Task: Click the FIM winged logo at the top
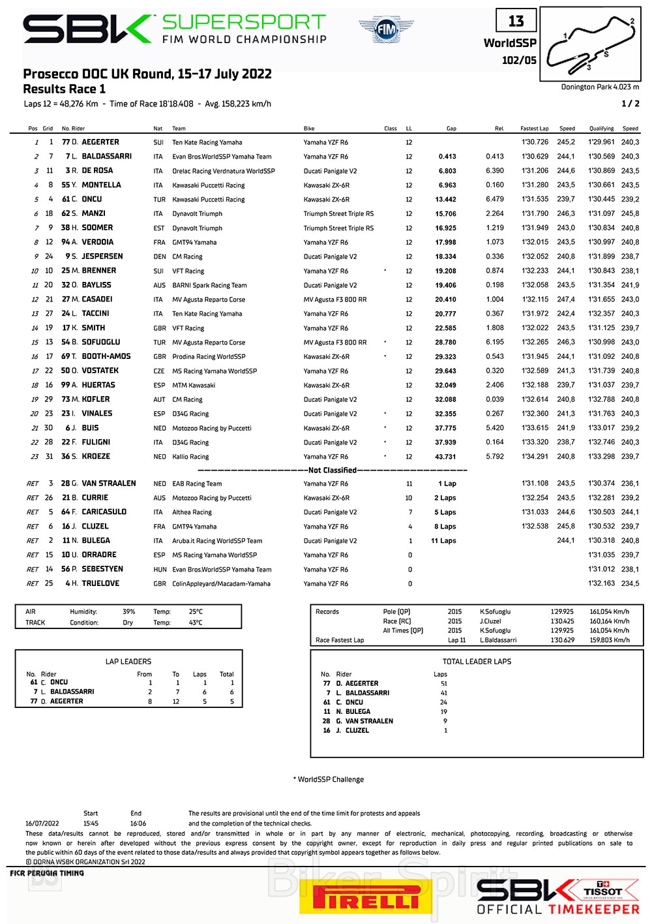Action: [386, 30]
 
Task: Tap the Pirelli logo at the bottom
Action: [366, 897]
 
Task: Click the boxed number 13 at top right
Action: [516, 22]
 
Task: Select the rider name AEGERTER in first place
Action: [100, 142]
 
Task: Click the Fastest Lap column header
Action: [534, 129]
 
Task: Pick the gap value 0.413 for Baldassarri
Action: [447, 157]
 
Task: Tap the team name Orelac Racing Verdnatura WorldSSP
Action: [224, 171]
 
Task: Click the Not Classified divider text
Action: [333, 470]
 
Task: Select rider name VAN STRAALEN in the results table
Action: [109, 484]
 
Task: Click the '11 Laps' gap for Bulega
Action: [443, 541]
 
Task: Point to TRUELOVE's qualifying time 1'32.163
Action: [601, 583]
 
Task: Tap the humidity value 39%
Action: [129, 611]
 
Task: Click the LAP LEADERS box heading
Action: [128, 661]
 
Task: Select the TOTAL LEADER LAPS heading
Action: [477, 661]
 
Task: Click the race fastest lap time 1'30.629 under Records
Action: [562, 640]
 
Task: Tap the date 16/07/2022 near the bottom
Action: [42, 824]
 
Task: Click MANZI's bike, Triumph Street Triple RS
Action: [338, 214]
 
